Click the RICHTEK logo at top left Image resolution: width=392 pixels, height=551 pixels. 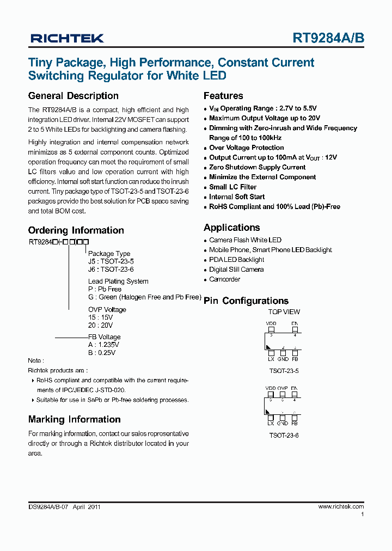click(67, 38)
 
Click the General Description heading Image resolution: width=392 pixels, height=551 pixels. click(73, 96)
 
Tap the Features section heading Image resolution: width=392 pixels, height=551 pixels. click(223, 96)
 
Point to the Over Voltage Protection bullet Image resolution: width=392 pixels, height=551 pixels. click(246, 148)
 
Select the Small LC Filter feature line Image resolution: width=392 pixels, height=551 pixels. click(232, 187)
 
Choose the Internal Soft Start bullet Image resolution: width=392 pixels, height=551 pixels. click(237, 197)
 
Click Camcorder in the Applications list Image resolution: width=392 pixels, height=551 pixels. click(224, 279)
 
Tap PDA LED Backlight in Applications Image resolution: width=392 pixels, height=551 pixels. click(236, 260)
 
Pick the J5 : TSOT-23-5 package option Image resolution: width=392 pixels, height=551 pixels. click(111, 261)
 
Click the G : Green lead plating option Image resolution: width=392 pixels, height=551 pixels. click(144, 297)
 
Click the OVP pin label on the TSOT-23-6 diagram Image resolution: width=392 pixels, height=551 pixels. click(282, 389)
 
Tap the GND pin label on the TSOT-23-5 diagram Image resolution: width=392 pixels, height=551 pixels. click(283, 359)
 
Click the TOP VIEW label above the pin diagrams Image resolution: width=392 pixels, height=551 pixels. click(284, 312)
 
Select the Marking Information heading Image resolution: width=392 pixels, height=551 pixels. click(74, 419)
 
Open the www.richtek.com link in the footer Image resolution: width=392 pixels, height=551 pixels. click(341, 506)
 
